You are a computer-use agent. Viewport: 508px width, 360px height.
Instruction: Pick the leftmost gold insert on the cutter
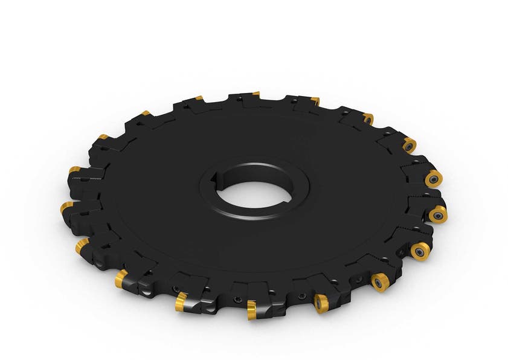point(66,208)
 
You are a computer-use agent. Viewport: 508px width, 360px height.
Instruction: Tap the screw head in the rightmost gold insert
point(438,214)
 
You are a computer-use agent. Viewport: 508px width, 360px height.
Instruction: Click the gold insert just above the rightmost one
point(433,179)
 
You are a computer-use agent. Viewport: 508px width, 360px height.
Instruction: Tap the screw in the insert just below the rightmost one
point(420,250)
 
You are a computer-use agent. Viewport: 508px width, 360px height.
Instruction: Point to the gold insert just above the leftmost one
point(74,170)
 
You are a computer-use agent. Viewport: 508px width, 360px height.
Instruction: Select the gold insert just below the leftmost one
point(81,246)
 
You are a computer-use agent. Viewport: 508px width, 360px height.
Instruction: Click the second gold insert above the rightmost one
point(409,145)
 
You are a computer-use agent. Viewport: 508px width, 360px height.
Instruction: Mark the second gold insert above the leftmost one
point(103,137)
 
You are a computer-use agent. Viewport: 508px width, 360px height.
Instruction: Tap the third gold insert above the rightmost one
point(368,118)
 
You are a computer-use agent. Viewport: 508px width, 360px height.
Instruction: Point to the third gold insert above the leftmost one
point(146,113)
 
